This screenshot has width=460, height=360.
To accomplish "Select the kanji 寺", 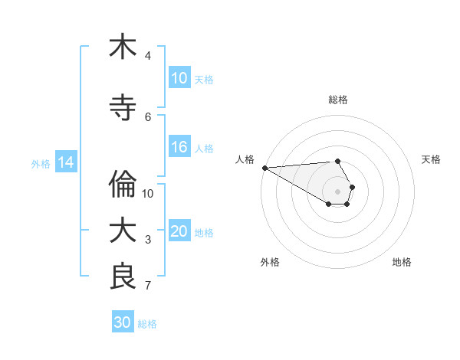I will click(123, 108).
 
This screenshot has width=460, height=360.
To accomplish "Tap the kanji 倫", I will click(123, 185).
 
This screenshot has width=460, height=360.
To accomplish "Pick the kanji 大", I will click(123, 231).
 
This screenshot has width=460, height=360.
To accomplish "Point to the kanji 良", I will click(123, 276).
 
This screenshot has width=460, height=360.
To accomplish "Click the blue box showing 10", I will click(179, 78).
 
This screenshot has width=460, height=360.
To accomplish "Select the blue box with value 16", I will click(179, 148).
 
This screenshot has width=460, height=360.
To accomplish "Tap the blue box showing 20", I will click(179, 232).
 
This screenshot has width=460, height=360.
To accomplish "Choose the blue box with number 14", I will click(66, 162).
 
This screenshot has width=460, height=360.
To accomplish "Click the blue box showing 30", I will click(123, 322).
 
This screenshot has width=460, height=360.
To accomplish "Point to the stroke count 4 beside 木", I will click(148, 55).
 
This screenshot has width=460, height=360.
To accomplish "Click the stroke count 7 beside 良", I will click(148, 286).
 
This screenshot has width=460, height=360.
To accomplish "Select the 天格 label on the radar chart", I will click(432, 159).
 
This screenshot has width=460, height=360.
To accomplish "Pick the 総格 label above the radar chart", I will click(338, 100).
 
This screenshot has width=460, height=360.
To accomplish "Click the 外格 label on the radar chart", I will click(270, 262).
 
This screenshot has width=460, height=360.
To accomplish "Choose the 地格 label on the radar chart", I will click(402, 262).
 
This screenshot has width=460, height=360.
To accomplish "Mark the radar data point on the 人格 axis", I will click(264, 168).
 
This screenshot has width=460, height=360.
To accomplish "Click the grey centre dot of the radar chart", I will click(337, 191).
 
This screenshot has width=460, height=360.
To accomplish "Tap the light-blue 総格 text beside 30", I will click(147, 324).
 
